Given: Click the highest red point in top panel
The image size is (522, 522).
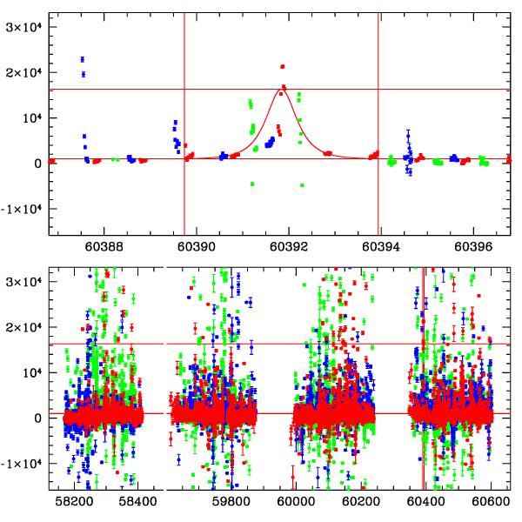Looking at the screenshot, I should [x=283, y=66].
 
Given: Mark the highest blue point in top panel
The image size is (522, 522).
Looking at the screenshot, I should [x=83, y=59].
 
